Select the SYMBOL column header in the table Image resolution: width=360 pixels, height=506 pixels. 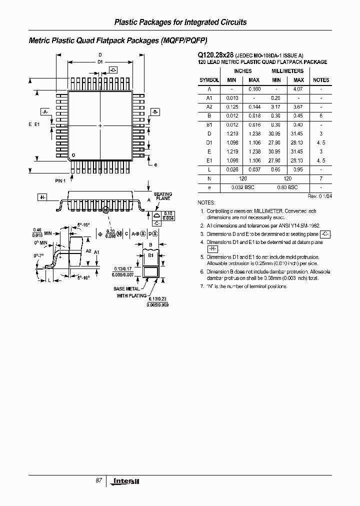209,80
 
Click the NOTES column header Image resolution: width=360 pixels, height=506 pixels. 321,80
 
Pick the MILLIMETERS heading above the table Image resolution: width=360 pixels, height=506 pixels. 287,71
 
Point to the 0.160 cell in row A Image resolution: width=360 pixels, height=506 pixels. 254,89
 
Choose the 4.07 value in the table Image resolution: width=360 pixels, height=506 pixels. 298,89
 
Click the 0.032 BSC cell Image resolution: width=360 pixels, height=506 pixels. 242,187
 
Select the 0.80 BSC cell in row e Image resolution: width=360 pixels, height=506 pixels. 287,187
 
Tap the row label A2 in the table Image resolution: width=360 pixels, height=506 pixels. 209,107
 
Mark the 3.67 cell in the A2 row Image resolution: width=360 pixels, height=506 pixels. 298,107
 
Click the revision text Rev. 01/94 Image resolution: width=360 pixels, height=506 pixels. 319,196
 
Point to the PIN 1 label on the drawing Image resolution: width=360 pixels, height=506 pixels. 60,180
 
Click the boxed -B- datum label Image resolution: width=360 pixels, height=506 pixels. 154,112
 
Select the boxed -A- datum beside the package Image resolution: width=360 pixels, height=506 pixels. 45,112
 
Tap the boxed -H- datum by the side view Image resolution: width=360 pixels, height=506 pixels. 42,197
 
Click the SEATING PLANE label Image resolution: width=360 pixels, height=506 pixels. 162,196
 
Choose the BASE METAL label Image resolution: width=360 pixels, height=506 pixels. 126,289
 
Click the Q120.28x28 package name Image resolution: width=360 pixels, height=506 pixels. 212,55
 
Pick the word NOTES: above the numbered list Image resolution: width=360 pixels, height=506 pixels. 206,203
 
